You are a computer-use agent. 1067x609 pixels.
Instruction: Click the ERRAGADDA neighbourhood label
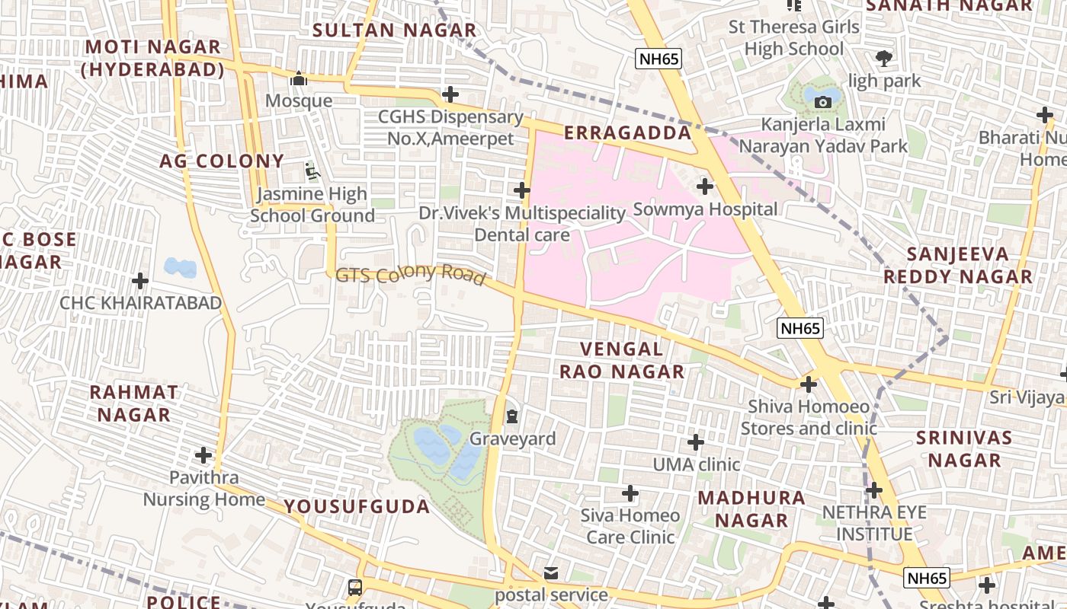pos(627,133)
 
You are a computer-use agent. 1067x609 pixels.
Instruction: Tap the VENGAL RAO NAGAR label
pos(622,360)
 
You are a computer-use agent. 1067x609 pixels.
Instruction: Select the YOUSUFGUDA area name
pos(357,506)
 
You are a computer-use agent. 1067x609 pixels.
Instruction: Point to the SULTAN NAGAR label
pos(395,30)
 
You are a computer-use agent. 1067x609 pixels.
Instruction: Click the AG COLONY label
pos(222,161)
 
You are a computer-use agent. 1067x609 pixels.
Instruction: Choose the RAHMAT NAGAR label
pos(134,403)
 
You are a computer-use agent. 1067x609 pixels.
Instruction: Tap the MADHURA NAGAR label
pos(751,509)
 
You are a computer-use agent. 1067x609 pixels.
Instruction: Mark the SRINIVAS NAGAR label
pos(964,448)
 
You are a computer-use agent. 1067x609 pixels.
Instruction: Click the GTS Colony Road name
pos(410,275)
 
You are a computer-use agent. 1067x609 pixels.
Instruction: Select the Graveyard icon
pos(512,416)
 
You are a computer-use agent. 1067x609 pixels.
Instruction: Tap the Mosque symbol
pos(299,78)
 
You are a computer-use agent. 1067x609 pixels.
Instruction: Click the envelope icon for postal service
pos(551,572)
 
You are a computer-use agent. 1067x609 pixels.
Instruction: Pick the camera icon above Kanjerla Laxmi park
pos(822,102)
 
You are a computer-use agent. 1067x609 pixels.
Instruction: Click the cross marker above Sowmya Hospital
pos(705,186)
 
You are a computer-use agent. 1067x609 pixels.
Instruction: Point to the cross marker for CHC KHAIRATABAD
pos(140,281)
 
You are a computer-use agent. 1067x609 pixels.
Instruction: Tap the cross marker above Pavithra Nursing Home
pos(203,455)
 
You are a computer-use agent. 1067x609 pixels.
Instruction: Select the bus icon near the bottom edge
pos(355,587)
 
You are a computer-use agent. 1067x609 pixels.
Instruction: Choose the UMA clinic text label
pos(696,464)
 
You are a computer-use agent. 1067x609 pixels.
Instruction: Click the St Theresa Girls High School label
pos(794,38)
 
